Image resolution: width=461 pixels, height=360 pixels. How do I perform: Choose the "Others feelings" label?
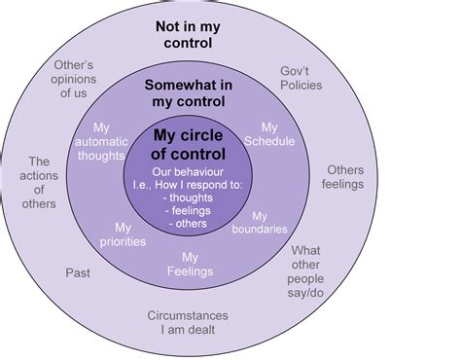click(344, 175)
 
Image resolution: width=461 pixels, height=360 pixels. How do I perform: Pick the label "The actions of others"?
click(40, 184)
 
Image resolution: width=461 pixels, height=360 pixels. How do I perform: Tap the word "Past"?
click(78, 272)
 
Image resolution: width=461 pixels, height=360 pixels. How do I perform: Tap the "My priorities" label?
click(124, 234)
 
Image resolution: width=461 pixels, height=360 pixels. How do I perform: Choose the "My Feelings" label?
click(191, 264)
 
